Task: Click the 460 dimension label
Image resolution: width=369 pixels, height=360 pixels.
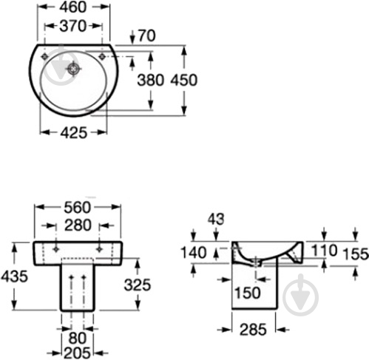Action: point(73,7)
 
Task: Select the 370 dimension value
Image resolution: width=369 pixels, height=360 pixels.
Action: point(73,26)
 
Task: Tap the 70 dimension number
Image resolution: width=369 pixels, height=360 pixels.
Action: point(146,35)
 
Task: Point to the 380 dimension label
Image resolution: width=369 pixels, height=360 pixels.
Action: point(150,80)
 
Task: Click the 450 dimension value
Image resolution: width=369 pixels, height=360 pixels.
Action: point(184,80)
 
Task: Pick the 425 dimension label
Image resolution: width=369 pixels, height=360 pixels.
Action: point(74,133)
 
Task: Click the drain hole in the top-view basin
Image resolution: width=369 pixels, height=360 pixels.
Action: point(73,69)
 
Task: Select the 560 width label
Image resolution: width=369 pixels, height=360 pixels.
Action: point(78,208)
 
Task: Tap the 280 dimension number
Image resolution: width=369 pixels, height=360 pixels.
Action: point(78,225)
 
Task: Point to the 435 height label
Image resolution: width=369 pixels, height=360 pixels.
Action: point(14,276)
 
